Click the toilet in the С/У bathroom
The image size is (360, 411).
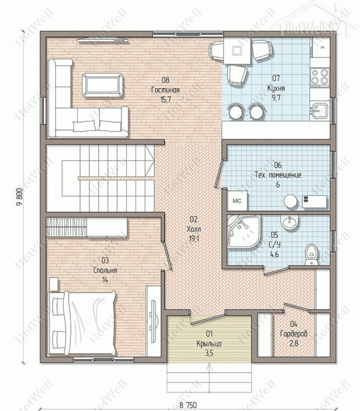(312, 255)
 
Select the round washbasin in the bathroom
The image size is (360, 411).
(290, 223)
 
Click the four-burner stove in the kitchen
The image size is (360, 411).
(320, 76)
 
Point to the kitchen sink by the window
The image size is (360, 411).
(319, 110)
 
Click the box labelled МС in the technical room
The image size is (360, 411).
(237, 201)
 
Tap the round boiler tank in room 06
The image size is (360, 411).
(291, 201)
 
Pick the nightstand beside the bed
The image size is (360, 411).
(53, 284)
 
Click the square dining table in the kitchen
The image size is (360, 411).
(237, 51)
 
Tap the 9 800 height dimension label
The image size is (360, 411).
(21, 198)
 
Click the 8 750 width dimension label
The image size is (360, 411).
(188, 405)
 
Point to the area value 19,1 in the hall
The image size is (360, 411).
(193, 239)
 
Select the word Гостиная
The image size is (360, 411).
(166, 90)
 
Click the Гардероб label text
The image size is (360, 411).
(294, 334)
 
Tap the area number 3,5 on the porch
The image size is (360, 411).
(209, 353)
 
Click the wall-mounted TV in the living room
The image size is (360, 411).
(102, 40)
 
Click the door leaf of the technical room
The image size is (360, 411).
(218, 174)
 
